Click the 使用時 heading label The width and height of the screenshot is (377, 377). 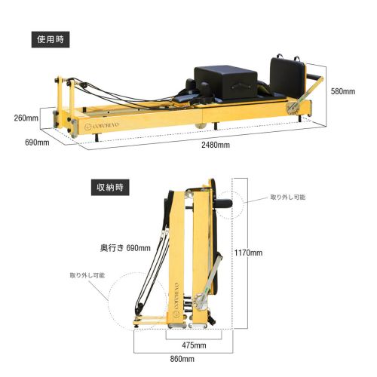point(51,39)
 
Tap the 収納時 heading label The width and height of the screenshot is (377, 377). point(110,187)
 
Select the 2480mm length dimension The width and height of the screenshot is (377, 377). point(216,145)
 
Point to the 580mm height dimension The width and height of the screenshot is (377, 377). point(343,91)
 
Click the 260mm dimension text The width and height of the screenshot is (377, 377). point(26,118)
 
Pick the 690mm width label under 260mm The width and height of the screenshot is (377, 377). point(37,143)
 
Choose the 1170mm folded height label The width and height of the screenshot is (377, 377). point(248,253)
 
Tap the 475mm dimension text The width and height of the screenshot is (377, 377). point(194,345)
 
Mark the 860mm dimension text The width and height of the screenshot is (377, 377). point(182,359)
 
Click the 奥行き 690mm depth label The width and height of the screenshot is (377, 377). point(125,248)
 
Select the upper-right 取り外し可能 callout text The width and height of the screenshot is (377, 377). point(288,197)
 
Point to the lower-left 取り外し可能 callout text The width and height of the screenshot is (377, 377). point(87,275)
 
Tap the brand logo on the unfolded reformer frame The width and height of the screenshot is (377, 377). point(102,126)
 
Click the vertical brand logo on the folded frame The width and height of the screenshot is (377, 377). point(176,299)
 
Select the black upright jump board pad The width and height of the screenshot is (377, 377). point(287,78)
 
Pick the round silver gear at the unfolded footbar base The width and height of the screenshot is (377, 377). point(292,109)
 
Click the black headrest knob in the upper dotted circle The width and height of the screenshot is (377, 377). point(224,203)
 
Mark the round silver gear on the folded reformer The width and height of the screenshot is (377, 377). point(201,302)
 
